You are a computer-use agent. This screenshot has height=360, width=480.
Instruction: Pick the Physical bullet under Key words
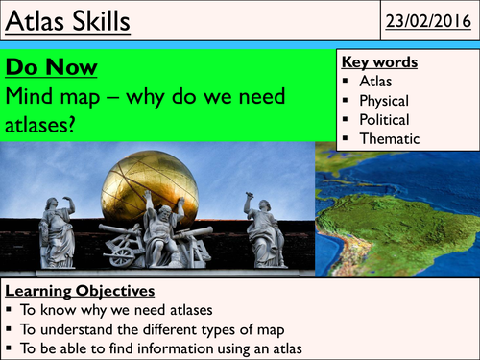point(383,100)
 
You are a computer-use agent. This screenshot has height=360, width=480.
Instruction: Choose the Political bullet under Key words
point(384,119)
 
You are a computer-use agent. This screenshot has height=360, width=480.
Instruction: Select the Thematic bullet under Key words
point(388,138)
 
